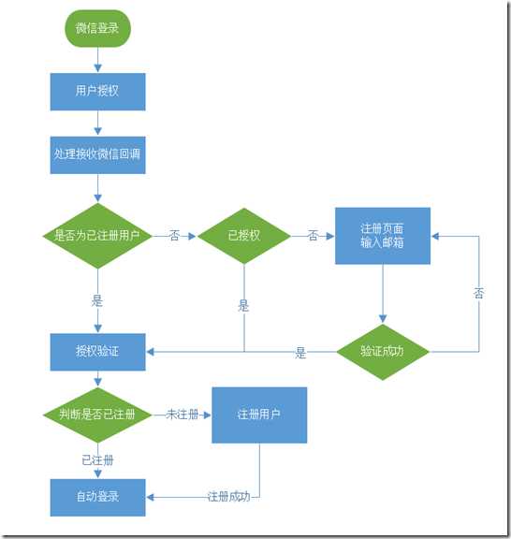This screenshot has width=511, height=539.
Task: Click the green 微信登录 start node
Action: coord(97,28)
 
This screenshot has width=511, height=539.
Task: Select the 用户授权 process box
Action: coord(97,92)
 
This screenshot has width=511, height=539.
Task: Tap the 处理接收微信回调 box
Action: coord(97,154)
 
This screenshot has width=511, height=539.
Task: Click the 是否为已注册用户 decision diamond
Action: coord(97,236)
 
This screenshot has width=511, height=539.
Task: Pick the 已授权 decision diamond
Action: coord(243,236)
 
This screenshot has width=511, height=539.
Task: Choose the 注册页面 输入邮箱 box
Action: coord(382,236)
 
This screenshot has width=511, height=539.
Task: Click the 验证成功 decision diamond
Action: coord(382,352)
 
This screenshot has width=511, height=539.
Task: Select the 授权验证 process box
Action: coord(97,352)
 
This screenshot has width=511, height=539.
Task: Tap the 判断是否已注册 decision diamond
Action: coord(97,414)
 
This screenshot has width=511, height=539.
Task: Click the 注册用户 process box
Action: coord(258,414)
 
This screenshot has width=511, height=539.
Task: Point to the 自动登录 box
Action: coord(97,496)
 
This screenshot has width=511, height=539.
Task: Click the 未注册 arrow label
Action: coord(182,415)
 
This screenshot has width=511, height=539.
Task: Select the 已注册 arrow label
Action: coord(97,460)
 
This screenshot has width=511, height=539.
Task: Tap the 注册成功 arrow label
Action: coord(228,496)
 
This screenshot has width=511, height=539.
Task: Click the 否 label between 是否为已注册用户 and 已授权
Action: coord(174,236)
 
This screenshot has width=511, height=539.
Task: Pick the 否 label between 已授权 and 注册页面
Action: coord(313,236)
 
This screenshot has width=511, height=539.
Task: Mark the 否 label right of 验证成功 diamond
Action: coord(478,294)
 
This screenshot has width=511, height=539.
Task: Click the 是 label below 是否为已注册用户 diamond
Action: coord(97,302)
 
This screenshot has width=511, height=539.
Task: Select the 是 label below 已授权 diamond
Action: coord(243,305)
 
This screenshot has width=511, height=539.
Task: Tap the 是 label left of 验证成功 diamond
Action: coord(300,353)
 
